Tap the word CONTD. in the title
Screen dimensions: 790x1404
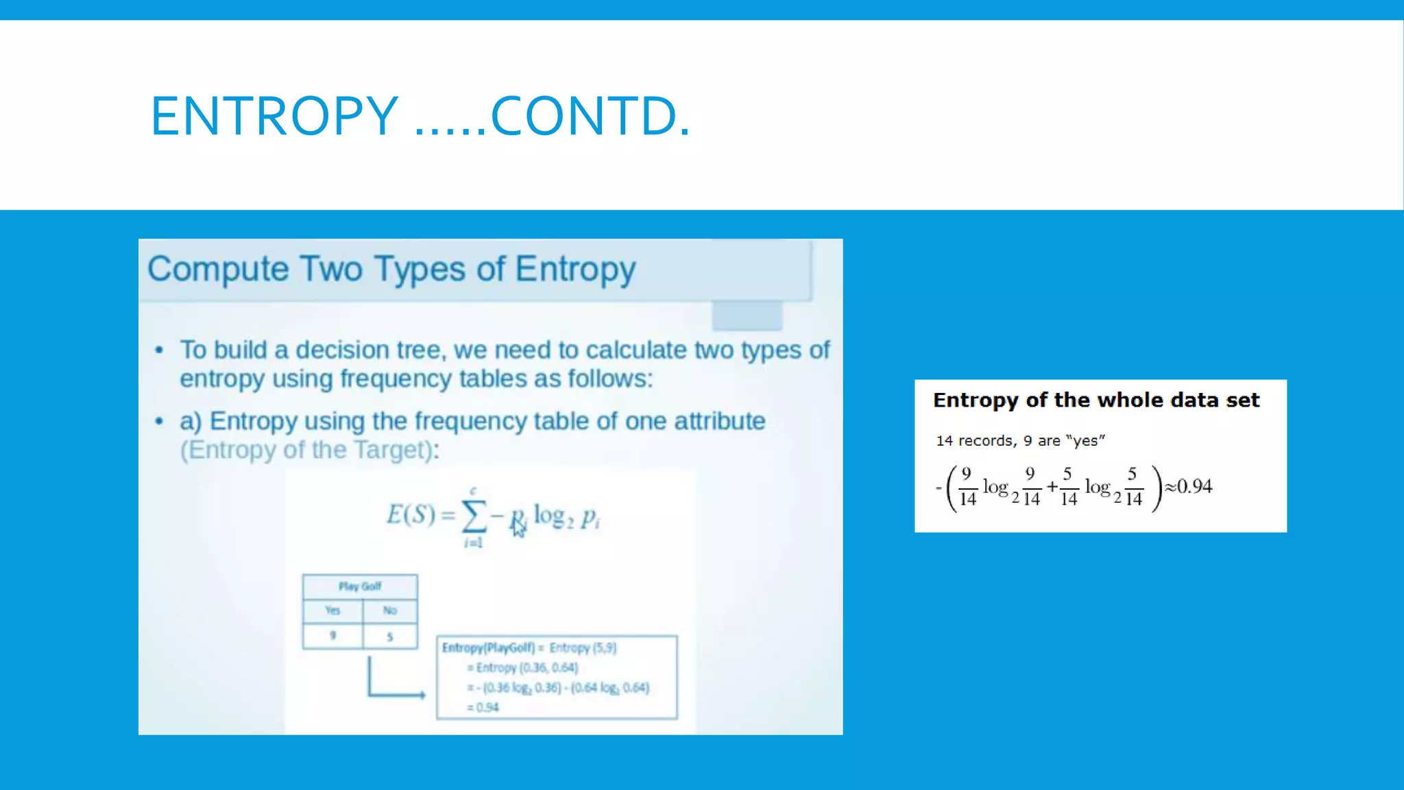[590, 116]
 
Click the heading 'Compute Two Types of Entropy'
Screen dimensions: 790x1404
[391, 269]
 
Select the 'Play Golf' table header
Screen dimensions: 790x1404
[360, 586]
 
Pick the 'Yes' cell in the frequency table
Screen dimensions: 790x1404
[332, 610]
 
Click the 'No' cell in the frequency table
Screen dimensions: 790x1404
[390, 610]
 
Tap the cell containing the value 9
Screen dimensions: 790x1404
[332, 636]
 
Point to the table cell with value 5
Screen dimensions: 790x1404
[390, 636]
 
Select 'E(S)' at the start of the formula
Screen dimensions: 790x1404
[411, 514]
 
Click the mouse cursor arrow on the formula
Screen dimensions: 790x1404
[518, 529]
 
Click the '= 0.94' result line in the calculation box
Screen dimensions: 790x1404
[483, 707]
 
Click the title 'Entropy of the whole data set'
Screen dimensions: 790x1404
[1096, 400]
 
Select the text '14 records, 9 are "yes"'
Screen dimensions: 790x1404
[1020, 441]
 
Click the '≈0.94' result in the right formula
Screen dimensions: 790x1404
[1189, 487]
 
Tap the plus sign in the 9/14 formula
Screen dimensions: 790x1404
[1052, 487]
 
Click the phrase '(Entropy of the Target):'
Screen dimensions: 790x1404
[309, 451]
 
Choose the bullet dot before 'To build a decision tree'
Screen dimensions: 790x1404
[159, 350]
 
